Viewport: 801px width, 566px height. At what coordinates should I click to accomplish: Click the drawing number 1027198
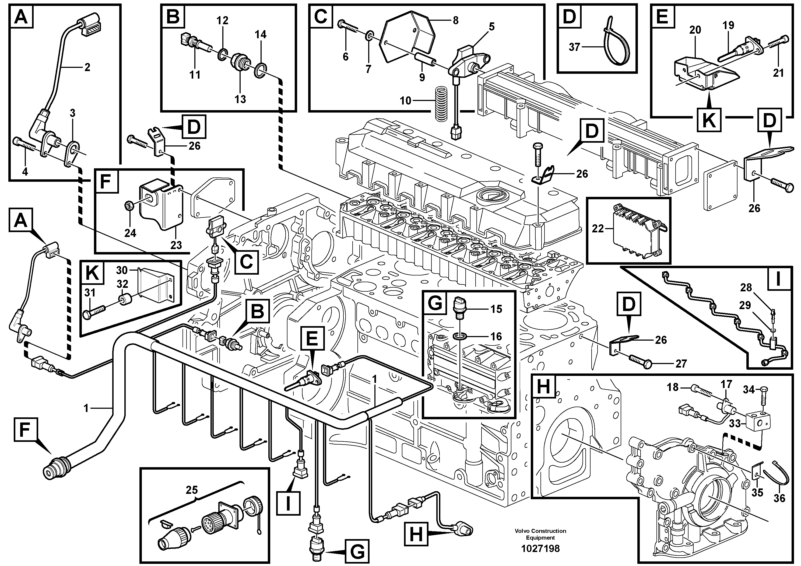click(x=540, y=548)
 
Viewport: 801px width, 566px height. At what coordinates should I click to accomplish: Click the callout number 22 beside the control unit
click(x=598, y=229)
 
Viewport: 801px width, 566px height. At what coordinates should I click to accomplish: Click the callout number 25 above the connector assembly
click(x=192, y=490)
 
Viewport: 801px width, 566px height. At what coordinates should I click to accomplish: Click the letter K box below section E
click(x=709, y=120)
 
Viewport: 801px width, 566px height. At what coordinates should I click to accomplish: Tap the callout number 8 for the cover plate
click(x=456, y=20)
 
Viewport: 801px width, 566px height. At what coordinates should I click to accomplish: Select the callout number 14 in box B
click(x=260, y=34)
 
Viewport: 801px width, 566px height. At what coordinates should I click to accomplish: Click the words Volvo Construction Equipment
click(x=540, y=534)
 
